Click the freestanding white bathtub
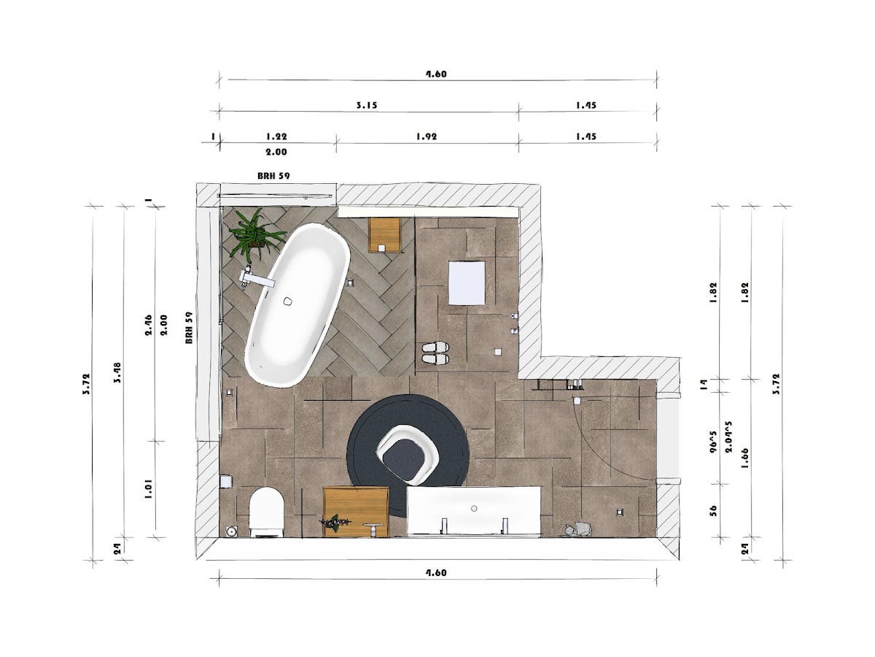(297, 305)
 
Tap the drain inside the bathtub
(287, 301)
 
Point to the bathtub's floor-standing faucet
(256, 279)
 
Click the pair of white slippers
(435, 353)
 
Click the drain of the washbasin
(474, 508)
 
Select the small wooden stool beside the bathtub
(385, 235)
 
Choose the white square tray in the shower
(467, 283)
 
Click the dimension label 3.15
(366, 105)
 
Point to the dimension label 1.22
(276, 137)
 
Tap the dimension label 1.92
(427, 137)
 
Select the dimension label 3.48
(117, 372)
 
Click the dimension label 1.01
(148, 489)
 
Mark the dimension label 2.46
(148, 325)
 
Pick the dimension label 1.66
(744, 458)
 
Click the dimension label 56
(714, 510)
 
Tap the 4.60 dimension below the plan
(436, 573)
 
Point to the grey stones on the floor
(578, 529)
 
